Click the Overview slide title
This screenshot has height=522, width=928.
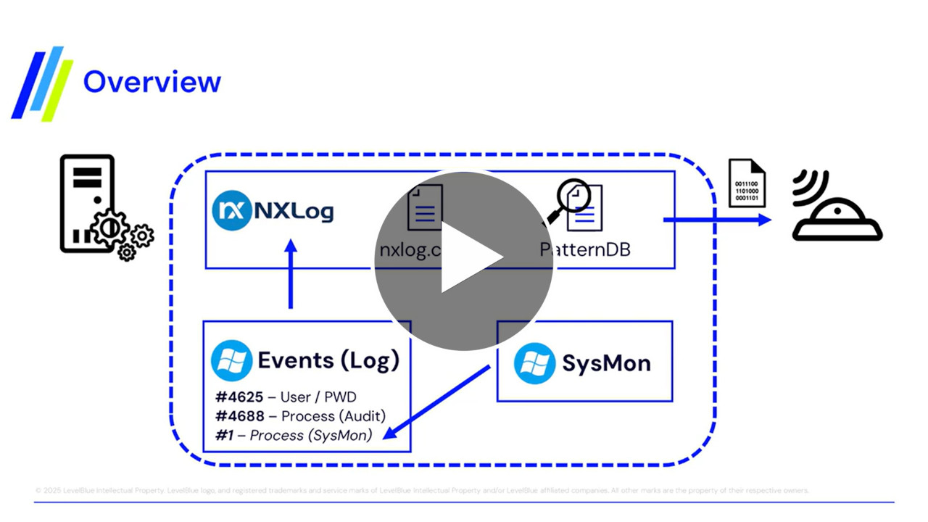(152, 81)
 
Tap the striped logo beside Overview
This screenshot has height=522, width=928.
(43, 83)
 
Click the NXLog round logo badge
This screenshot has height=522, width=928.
(231, 210)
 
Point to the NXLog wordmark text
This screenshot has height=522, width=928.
(293, 211)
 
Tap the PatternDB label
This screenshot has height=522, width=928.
(584, 249)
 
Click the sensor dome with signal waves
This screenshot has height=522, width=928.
(837, 215)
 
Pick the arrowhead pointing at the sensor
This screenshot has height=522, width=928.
(763, 219)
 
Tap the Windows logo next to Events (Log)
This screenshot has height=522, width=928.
(231, 360)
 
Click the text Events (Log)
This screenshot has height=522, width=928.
(328, 360)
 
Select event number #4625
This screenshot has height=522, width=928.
(239, 397)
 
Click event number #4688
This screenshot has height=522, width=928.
(239, 415)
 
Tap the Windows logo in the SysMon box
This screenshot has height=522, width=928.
(535, 362)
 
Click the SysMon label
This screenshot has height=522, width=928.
(606, 362)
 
